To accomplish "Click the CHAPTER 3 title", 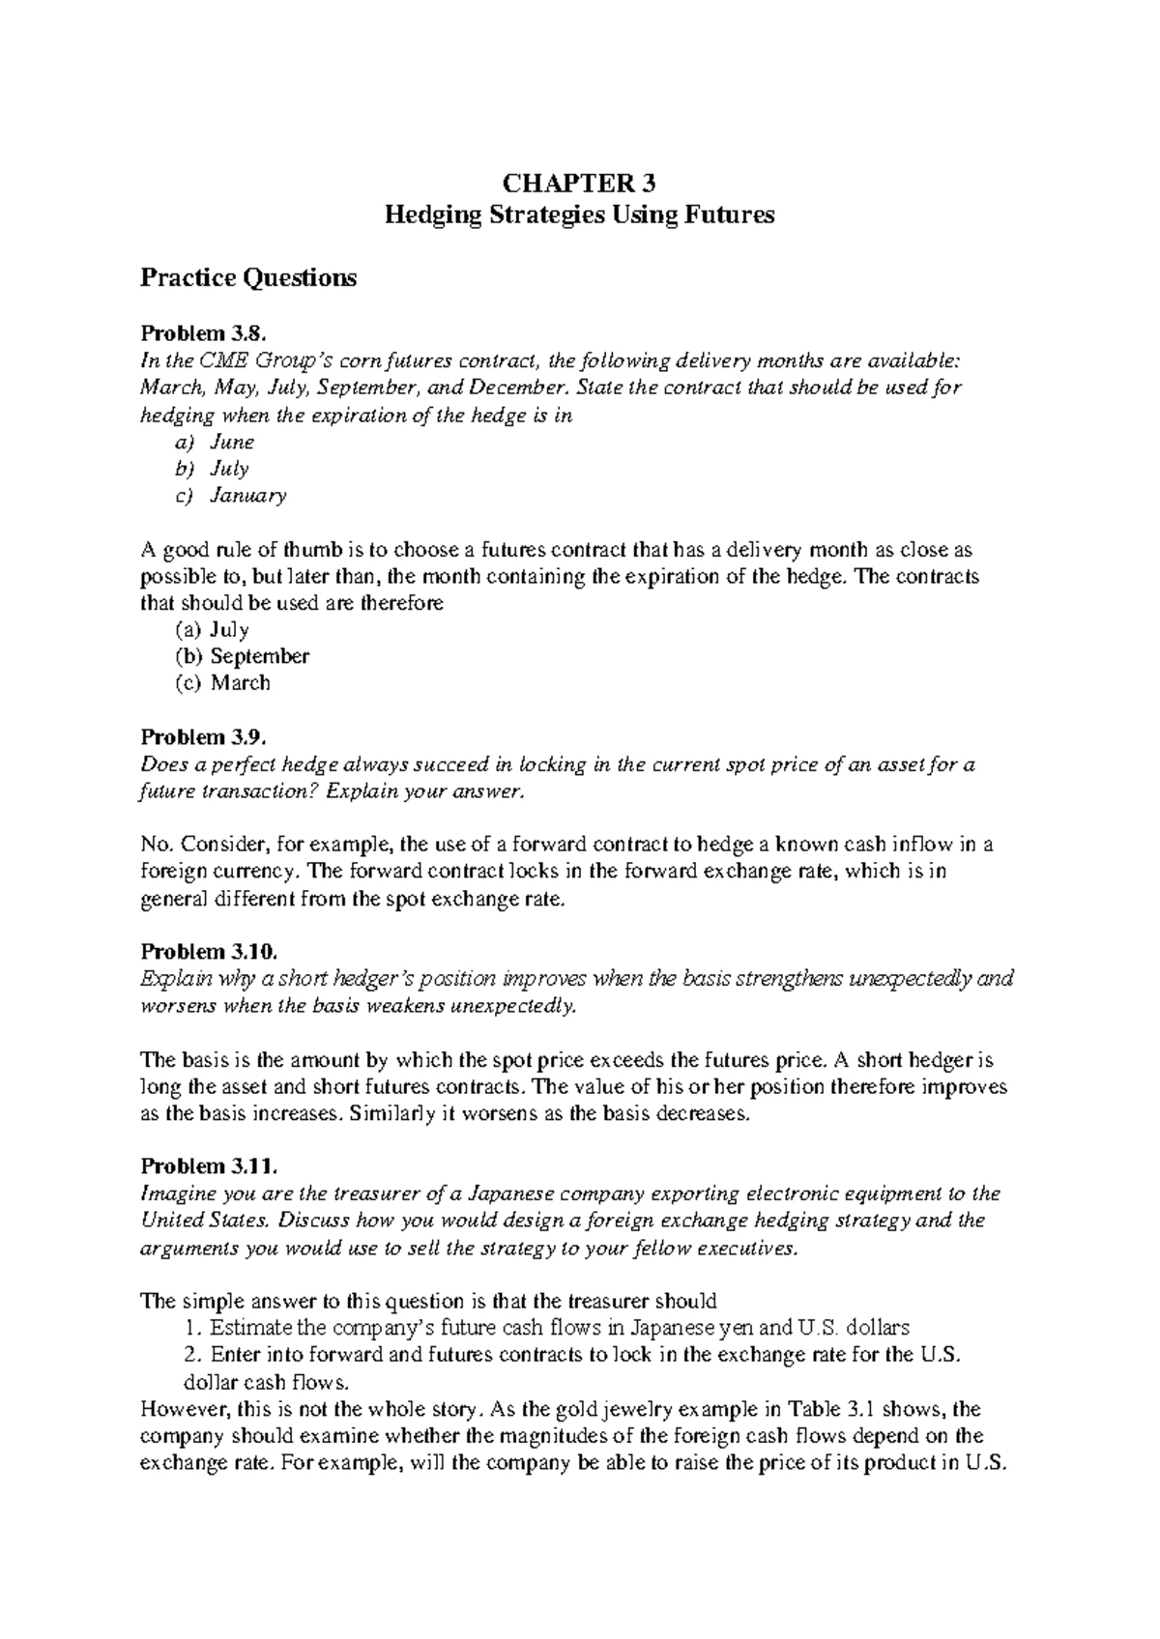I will [x=580, y=184].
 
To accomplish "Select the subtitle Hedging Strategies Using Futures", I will [x=580, y=215].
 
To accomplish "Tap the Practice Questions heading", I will [x=248, y=278].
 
